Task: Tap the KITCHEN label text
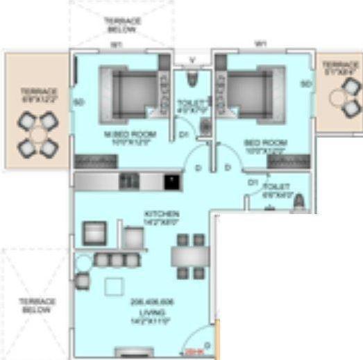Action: coord(162,213)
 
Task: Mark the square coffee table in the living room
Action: coord(113,287)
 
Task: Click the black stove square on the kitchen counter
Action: coord(170,181)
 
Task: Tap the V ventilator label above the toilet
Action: coord(191,59)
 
